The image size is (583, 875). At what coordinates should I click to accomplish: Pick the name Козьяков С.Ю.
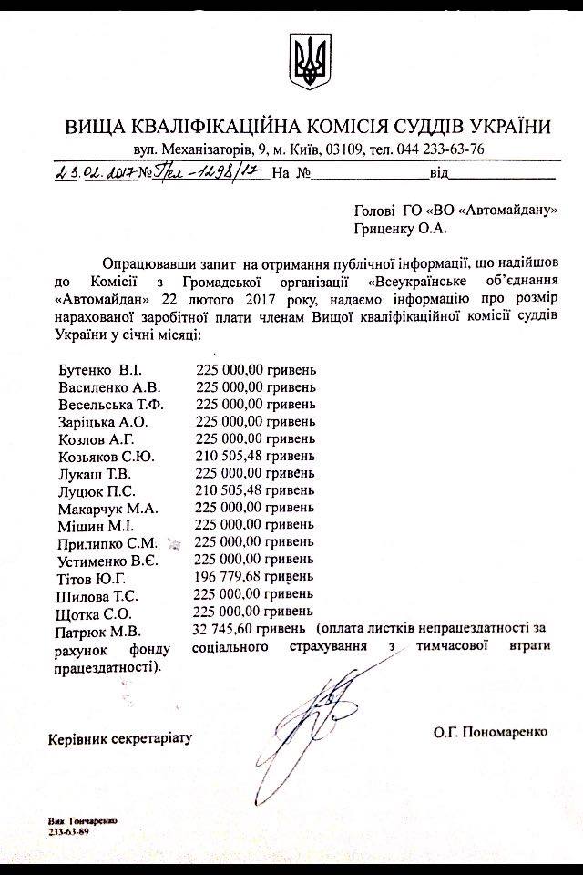[111, 457]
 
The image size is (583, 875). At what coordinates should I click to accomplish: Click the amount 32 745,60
[226, 630]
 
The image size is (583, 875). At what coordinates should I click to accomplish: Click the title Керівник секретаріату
[120, 736]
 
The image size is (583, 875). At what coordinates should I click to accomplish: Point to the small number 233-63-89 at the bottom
[68, 831]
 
